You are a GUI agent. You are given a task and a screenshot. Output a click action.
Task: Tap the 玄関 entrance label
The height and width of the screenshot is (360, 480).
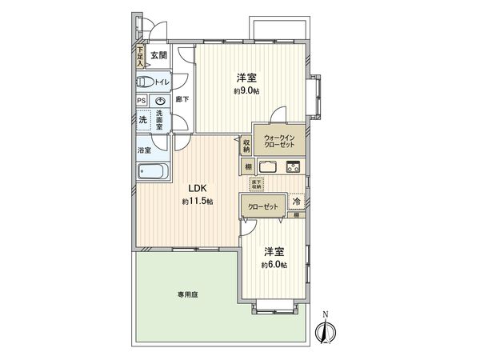coord(158,55)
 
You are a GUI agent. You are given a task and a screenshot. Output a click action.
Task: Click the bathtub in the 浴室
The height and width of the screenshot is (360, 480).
coord(152,171)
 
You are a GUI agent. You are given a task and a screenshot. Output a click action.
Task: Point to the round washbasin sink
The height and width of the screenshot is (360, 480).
coord(162,101)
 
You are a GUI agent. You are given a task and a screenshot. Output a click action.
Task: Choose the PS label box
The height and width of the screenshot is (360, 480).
coord(142,101)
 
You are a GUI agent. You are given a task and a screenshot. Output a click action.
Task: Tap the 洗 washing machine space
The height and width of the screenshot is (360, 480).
coord(142,119)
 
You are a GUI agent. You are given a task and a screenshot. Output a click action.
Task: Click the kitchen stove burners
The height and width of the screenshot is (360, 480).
coord(292,166)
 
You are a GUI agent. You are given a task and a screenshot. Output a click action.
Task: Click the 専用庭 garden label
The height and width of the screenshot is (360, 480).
coord(188,295)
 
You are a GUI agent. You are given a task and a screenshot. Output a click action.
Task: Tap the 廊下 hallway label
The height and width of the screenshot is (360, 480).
coord(182,100)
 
